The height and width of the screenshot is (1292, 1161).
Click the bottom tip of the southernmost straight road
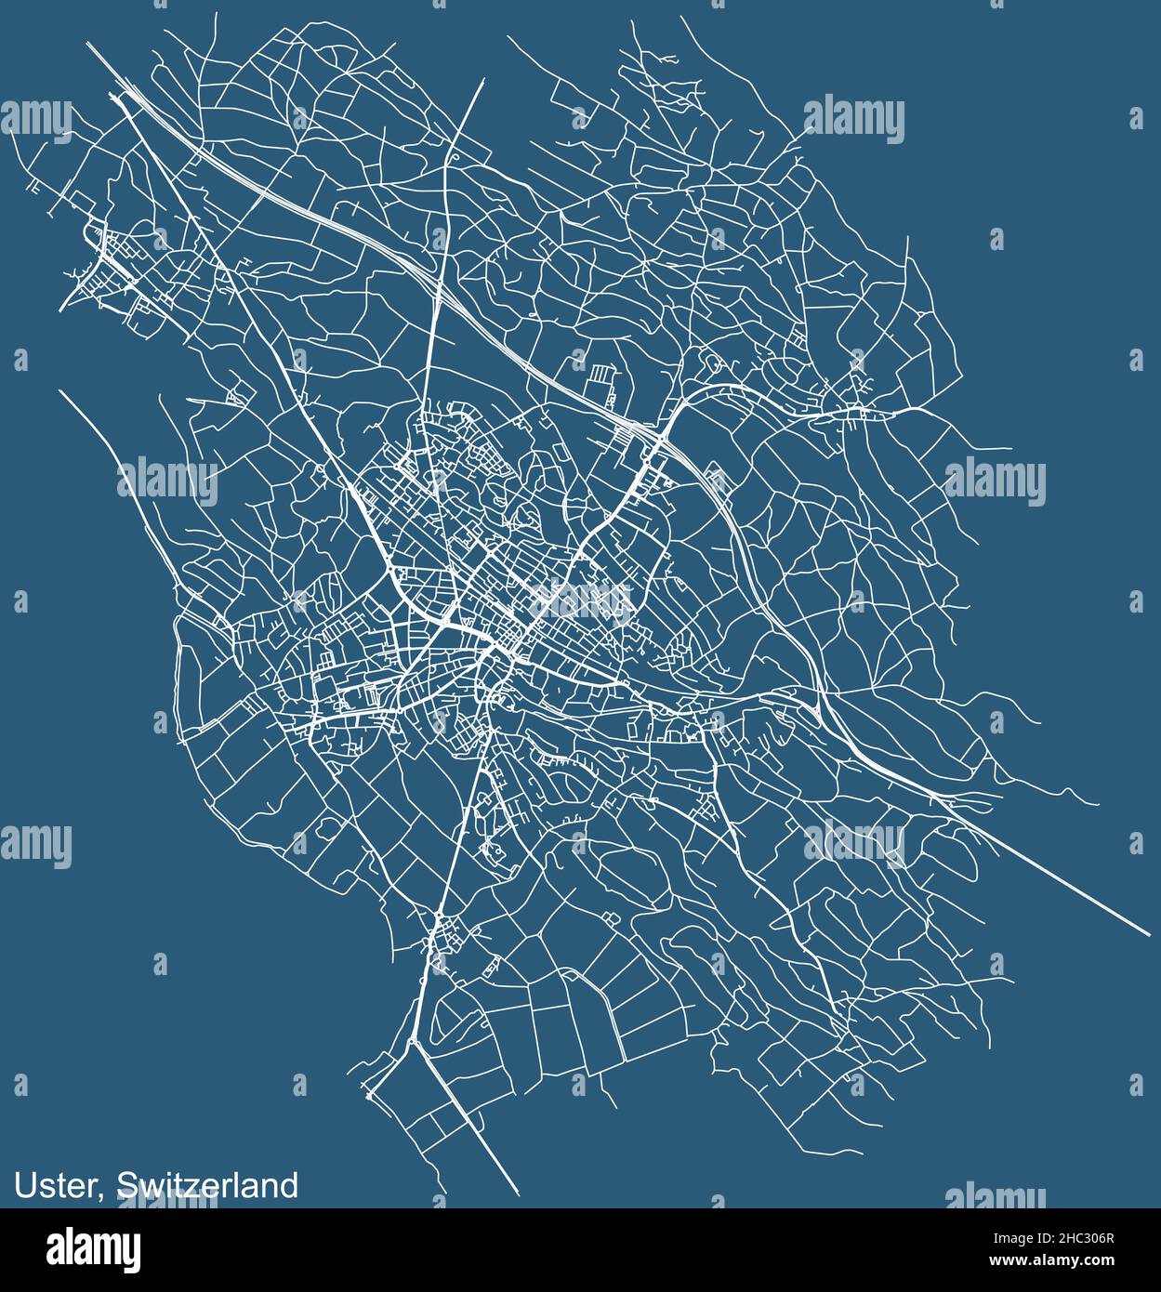pyautogui.click(x=517, y=1193)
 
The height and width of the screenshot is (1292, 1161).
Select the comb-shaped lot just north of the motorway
pyautogui.click(x=602, y=375)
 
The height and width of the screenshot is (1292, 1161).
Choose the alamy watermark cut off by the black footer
pyautogui.click(x=995, y=1196)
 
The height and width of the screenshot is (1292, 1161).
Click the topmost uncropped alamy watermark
pyautogui.click(x=853, y=120)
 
